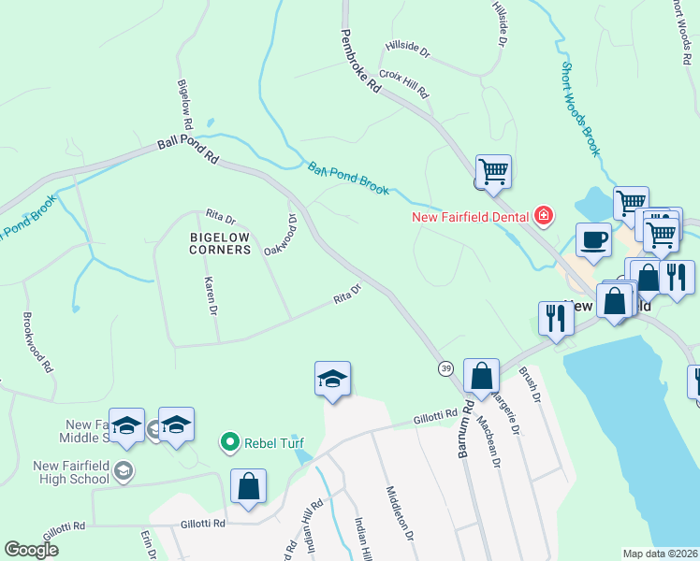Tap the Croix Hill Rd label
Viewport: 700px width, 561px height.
click(x=403, y=83)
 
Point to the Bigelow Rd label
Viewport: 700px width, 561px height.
click(x=184, y=103)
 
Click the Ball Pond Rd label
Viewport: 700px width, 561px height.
click(x=187, y=151)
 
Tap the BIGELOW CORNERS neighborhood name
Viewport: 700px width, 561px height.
click(x=220, y=243)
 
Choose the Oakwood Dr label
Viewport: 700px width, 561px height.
click(x=281, y=235)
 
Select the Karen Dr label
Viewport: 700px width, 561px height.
click(x=212, y=295)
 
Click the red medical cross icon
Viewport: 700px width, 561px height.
click(x=543, y=218)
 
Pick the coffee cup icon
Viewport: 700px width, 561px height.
click(x=592, y=239)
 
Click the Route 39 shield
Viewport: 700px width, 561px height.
click(x=445, y=369)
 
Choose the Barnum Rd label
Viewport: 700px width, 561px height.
click(x=465, y=431)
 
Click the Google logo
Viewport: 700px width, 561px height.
click(x=32, y=550)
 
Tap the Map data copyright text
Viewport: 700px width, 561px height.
click(x=660, y=554)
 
